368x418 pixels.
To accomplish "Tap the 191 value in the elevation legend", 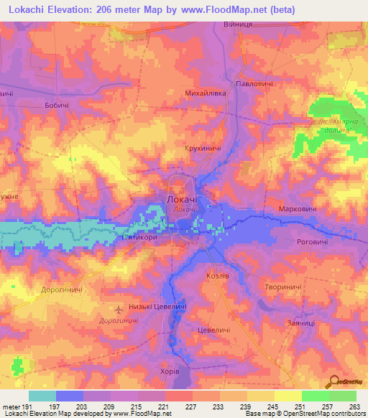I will point(22,407).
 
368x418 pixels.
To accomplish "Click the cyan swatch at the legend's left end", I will point(42,396).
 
